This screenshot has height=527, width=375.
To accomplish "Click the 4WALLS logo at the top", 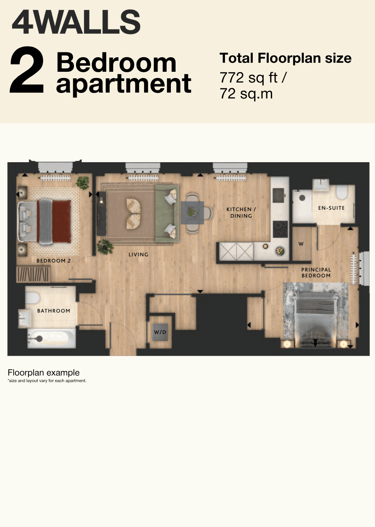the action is [76, 22].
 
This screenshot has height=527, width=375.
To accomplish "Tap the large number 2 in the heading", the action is [27, 70].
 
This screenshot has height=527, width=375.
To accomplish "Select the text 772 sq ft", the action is [249, 78].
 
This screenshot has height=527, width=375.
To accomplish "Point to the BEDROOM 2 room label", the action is [54, 261].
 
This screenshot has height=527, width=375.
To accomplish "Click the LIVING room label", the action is [139, 254].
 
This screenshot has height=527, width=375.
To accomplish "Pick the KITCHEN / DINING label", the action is [241, 213].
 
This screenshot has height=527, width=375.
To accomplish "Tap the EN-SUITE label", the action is [331, 208].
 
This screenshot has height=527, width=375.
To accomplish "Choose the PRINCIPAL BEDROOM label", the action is [316, 273].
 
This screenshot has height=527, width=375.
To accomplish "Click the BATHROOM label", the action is [54, 311].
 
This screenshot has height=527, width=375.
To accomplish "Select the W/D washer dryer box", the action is [160, 332].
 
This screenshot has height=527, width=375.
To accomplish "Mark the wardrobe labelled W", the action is [301, 244].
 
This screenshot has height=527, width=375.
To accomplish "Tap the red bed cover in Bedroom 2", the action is [61, 222].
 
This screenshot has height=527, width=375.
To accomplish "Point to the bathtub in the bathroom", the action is [52, 338].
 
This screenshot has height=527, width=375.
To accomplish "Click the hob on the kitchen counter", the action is [280, 229].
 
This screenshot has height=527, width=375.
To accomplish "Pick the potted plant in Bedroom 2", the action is [83, 183].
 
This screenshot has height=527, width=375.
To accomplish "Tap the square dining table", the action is [192, 213].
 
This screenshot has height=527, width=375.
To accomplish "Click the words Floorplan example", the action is [44, 373].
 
